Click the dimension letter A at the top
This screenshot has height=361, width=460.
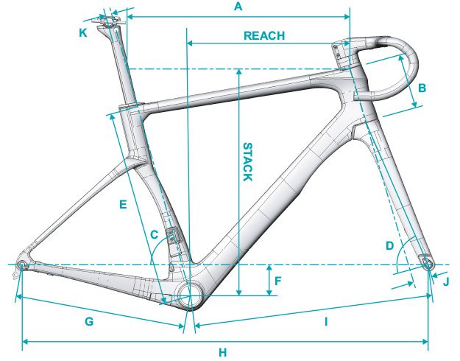[238, 6]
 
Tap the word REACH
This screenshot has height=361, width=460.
[264, 35]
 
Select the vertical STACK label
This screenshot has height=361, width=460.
[248, 162]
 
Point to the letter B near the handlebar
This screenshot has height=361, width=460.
[422, 88]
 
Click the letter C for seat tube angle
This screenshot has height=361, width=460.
[155, 234]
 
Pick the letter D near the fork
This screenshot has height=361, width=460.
[389, 245]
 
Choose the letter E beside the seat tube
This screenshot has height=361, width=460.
[123, 204]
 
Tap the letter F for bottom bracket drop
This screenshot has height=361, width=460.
[277, 281]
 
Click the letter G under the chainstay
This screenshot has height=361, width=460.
[89, 321]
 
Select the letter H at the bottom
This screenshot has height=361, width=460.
[223, 352]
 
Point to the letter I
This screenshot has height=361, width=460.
[326, 322]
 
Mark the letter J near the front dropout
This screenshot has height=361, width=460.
[446, 282]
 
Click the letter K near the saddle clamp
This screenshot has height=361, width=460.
[83, 33]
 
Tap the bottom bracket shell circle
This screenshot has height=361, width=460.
[190, 295]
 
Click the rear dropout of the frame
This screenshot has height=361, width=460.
[22, 265]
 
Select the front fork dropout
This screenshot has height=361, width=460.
[428, 264]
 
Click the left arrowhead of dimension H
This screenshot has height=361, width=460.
[25, 342]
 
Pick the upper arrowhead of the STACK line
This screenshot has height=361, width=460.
[239, 72]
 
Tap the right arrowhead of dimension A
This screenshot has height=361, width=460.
[347, 17]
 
